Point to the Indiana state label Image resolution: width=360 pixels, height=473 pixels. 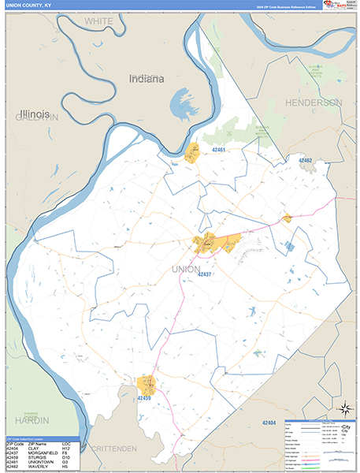coord(147,79)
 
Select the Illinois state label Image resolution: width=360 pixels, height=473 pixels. coord(35,114)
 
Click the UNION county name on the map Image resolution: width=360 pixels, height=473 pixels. coord(185,269)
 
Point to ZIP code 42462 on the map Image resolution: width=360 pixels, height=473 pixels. coord(305,160)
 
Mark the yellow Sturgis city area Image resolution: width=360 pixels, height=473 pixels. coord(147,385)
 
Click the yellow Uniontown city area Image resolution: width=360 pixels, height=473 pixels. coord(192,153)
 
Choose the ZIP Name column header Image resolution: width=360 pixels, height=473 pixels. coord(37,444)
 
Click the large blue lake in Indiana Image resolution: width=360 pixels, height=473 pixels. coord(182,102)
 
